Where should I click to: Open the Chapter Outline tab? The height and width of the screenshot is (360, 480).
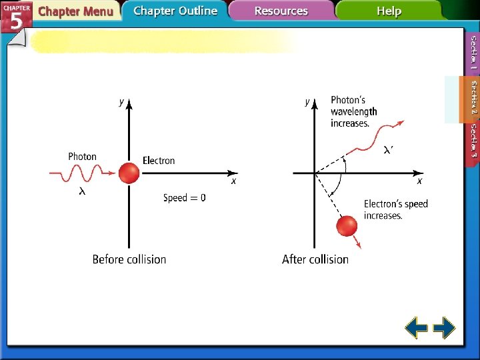[175, 11]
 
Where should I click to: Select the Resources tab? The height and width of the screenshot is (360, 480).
[281, 11]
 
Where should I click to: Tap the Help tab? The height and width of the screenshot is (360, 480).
[389, 11]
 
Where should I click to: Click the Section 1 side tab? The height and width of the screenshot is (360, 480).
[473, 53]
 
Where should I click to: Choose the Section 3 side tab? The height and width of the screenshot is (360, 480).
[473, 140]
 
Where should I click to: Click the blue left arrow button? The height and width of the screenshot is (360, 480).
[417, 328]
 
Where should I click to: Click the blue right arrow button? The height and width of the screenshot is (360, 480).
[444, 328]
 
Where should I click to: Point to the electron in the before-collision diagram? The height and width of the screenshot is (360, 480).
[129, 173]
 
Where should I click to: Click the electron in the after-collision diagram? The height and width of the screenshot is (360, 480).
[347, 226]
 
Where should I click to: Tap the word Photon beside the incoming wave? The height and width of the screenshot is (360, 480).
[82, 157]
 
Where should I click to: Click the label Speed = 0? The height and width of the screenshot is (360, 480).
[185, 198]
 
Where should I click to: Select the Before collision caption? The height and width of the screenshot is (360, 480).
[129, 259]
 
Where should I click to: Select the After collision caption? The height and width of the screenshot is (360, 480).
[315, 259]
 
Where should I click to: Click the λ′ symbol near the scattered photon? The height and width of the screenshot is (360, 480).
[388, 151]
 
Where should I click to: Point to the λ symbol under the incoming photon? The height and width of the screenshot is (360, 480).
[82, 191]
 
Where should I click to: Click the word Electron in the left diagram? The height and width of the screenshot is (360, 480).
[159, 161]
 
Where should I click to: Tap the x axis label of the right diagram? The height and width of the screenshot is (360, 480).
[419, 181]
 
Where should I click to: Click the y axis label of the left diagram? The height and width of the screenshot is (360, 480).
[121, 102]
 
